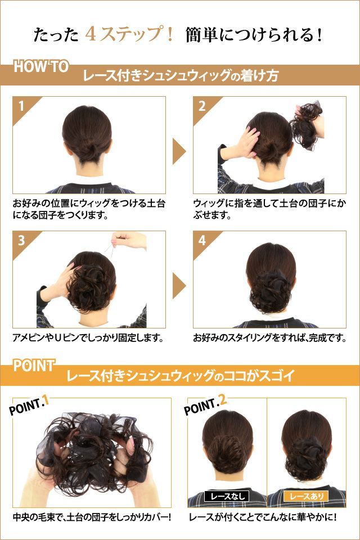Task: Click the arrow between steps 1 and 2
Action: coord(179,151)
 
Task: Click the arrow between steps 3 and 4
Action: coord(179,286)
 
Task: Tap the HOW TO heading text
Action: coord(41,66)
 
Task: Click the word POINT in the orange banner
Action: coord(34,366)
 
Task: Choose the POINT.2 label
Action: coord(205,405)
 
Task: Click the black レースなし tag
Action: coord(227,496)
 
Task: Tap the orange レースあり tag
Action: coord(306,496)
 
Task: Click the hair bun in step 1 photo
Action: coord(88,151)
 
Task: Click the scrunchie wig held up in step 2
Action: coord(307,125)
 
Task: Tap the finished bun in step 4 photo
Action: coord(271,290)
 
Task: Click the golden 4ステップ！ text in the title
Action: coord(129,34)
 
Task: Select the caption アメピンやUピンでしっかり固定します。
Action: coord(88,337)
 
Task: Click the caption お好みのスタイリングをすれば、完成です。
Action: coord(270,337)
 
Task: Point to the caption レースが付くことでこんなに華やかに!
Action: coord(263,517)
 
